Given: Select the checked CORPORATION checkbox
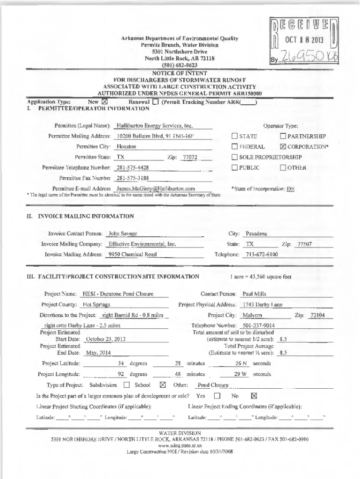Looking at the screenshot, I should click(x=282, y=146).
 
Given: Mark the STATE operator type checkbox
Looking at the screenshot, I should click(x=235, y=136).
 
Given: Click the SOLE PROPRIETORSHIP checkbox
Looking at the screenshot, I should click(x=235, y=157).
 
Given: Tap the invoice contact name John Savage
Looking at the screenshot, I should click(x=122, y=233).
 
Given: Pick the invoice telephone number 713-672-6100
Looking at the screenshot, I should click(x=261, y=254).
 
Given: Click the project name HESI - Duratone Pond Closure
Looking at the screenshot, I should click(x=118, y=294).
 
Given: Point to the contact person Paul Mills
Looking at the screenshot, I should click(x=254, y=294).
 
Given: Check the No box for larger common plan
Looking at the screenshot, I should click(x=254, y=396).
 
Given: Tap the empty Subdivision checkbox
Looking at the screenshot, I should click(x=127, y=385).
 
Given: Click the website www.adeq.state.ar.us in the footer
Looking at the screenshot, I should click(x=180, y=446).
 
